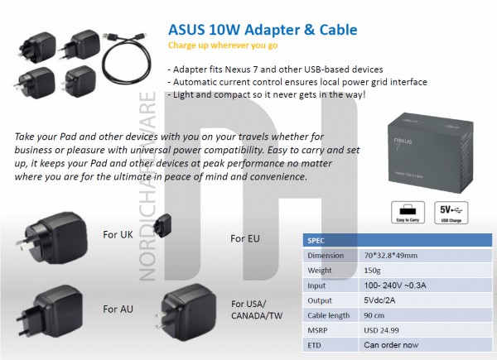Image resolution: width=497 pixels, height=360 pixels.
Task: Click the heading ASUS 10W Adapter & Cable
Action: click(x=262, y=29)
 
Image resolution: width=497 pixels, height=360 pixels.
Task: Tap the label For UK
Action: click(x=118, y=234)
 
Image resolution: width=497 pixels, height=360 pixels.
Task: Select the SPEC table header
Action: click(x=316, y=239)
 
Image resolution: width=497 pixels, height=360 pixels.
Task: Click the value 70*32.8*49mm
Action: click(x=391, y=255)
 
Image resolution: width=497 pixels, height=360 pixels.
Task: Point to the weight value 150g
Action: click(x=374, y=270)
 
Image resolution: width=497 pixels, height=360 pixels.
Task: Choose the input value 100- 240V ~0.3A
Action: click(x=394, y=285)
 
